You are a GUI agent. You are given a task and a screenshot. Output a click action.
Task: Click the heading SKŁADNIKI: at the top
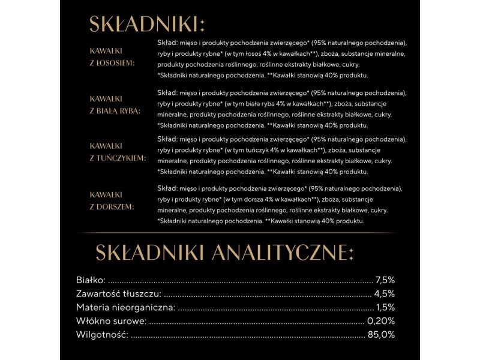[x=147, y=24]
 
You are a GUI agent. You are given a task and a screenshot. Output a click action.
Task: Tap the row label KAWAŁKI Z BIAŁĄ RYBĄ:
[x=115, y=104]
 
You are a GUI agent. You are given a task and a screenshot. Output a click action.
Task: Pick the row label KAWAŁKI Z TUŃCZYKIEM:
[x=118, y=152]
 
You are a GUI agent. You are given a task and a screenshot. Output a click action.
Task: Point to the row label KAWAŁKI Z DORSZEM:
[x=112, y=201]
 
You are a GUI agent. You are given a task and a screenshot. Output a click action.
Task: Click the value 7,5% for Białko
[x=385, y=280]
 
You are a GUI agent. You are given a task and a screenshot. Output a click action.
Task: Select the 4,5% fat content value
[x=385, y=294]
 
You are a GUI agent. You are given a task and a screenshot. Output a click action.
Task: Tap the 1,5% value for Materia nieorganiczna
[x=385, y=308]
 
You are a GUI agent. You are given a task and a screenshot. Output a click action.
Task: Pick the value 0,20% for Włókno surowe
[x=381, y=321]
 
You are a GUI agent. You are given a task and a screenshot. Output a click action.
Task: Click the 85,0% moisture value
[x=382, y=335]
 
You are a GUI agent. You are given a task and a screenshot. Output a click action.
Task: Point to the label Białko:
[x=91, y=280]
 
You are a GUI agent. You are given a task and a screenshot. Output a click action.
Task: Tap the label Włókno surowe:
[x=111, y=321]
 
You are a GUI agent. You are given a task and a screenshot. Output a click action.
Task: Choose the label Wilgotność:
[x=102, y=335]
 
